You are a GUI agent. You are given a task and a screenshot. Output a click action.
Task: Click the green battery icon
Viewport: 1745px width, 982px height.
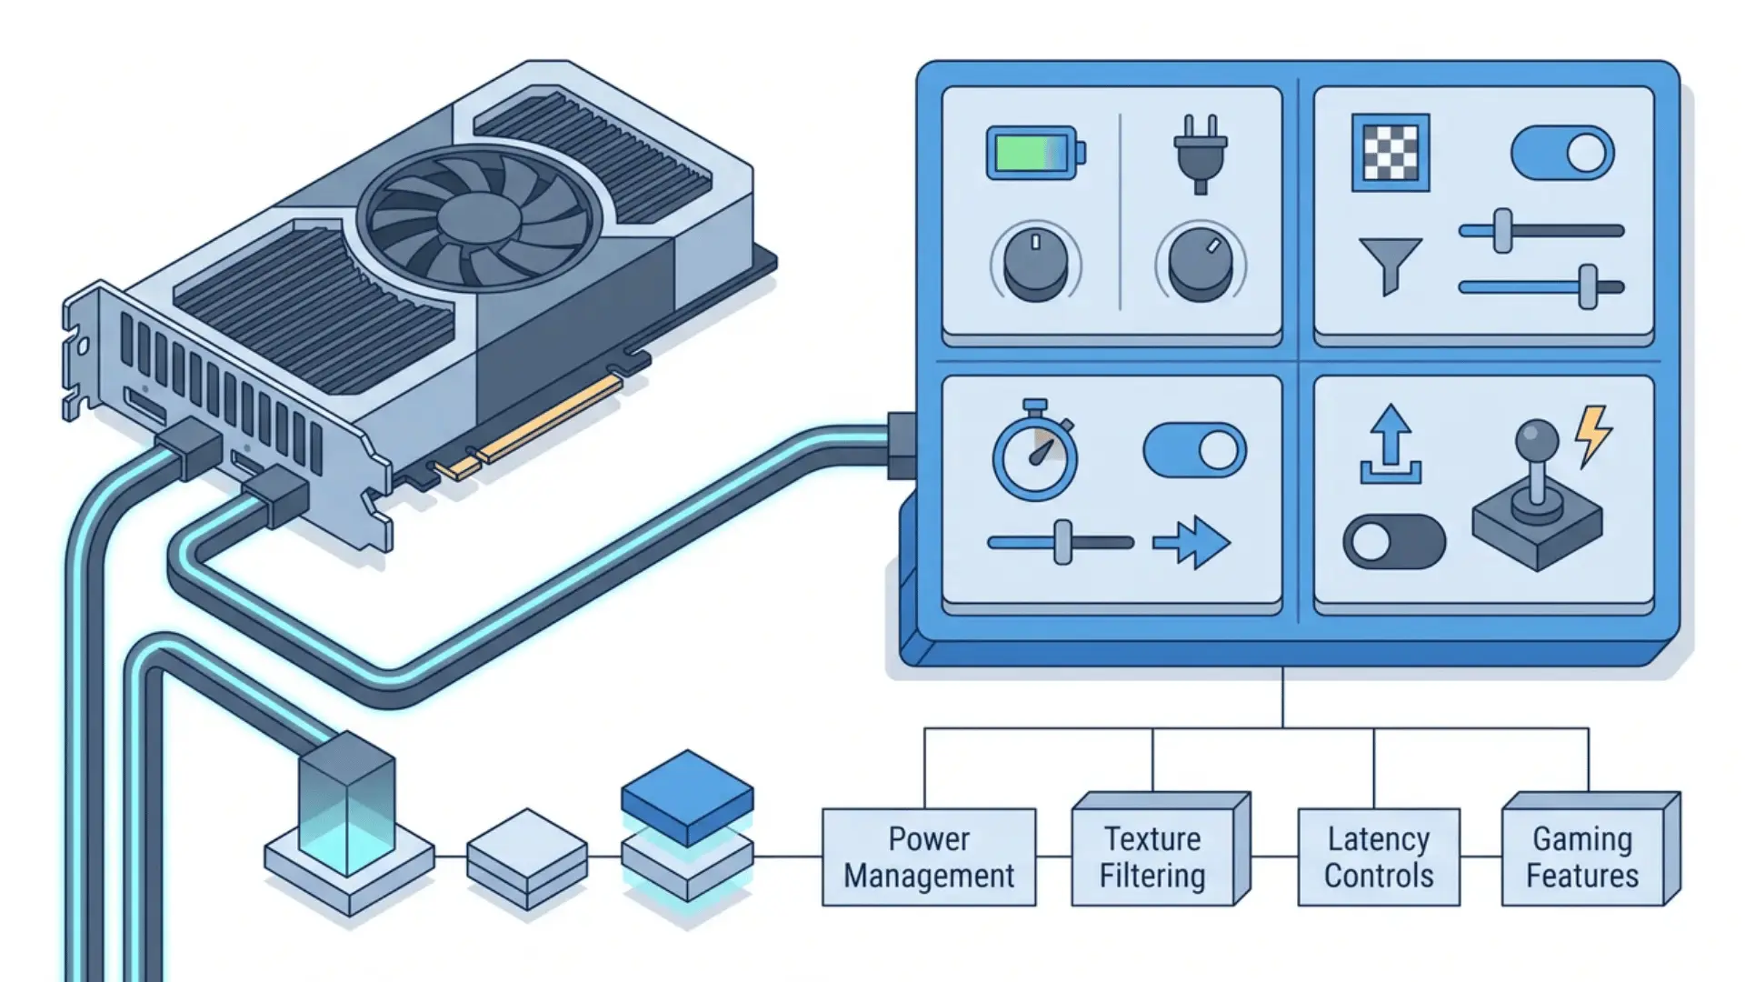pos(1035,153)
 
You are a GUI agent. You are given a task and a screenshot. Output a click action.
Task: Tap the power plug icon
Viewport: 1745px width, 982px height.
pos(1200,154)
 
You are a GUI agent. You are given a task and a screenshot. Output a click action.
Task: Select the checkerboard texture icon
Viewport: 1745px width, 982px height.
pos(1391,152)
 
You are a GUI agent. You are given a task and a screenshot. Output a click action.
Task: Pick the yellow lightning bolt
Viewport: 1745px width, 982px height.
pos(1594,436)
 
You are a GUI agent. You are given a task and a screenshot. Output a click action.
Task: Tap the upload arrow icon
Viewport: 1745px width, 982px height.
pos(1391,445)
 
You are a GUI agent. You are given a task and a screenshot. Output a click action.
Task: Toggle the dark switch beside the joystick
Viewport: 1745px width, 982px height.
pos(1394,542)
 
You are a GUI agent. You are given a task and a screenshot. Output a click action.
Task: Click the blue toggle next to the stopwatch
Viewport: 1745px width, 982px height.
pos(1194,450)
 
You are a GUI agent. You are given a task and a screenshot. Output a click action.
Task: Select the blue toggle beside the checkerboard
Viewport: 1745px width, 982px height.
pos(1562,153)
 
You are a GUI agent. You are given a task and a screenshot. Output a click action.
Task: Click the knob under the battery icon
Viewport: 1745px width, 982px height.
pos(1035,264)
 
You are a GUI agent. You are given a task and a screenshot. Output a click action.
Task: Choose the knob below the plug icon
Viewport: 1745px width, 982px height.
pos(1201,264)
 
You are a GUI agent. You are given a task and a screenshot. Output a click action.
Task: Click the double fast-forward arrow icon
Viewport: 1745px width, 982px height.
pos(1192,543)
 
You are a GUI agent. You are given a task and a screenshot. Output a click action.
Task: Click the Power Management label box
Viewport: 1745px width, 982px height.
pos(929,857)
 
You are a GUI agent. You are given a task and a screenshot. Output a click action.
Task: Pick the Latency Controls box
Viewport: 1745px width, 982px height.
pos(1379,857)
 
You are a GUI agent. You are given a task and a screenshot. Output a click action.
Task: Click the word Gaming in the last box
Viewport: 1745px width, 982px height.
pos(1582,838)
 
